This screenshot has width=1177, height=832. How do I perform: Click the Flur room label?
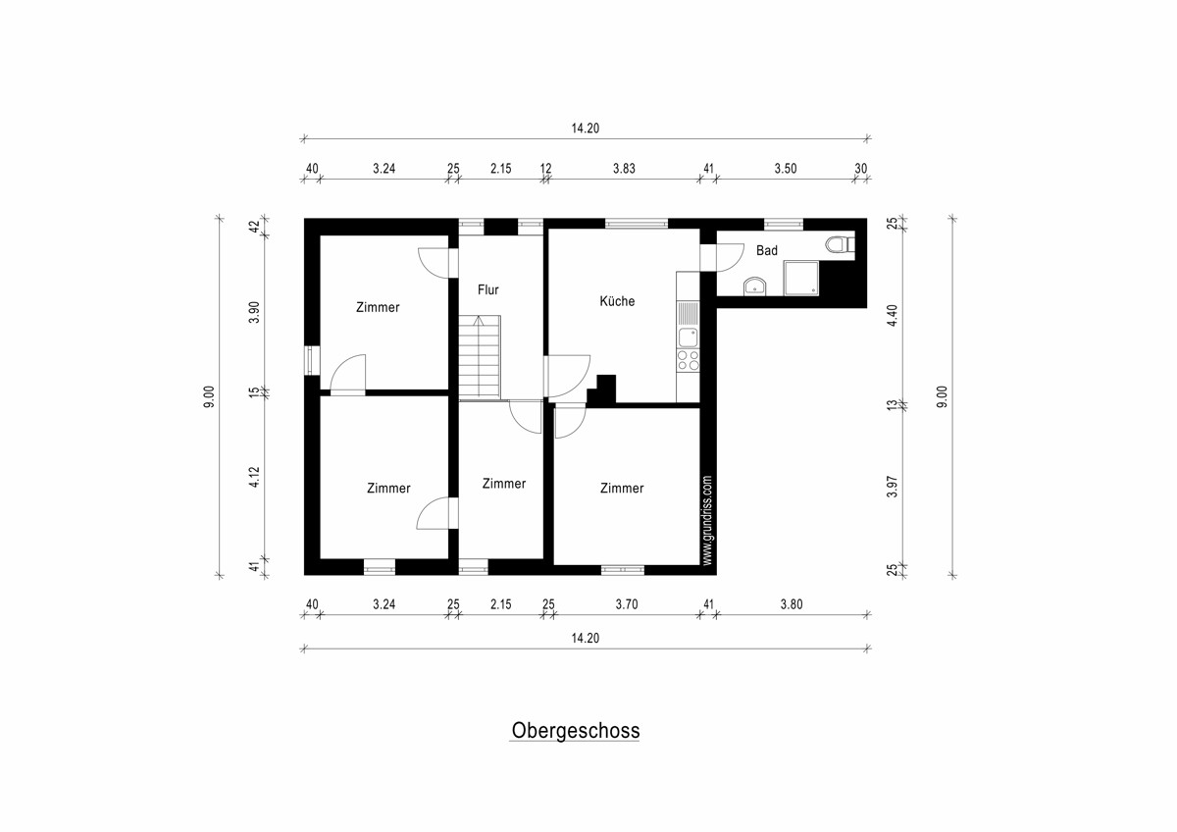pos(487,289)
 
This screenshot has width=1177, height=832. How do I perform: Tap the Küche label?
pos(617,300)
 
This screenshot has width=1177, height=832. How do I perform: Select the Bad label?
pos(767,250)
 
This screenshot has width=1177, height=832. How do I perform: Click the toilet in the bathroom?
pos(841,244)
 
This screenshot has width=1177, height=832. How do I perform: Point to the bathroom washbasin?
pos(755,286)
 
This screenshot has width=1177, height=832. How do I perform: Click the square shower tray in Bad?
pos(801,278)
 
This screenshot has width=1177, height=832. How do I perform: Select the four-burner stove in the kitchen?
pos(688,360)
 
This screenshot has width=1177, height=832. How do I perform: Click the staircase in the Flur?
pos(480,356)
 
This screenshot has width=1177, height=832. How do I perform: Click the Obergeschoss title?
pos(576,731)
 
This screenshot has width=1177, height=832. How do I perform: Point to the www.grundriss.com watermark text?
pos(707,520)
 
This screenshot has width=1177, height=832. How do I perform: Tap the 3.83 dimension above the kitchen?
pos(624,169)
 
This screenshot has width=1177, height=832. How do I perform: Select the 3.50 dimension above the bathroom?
pos(786,169)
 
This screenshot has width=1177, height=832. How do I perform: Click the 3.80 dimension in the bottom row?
pos(792,604)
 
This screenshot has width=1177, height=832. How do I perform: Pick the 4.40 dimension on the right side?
pos(893,315)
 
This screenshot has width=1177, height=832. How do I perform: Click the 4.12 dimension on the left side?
pos(254,477)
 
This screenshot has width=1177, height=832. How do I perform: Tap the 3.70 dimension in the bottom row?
pos(627,604)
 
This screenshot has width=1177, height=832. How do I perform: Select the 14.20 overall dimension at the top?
pos(586,129)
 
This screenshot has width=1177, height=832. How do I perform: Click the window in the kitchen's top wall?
pos(637,224)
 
